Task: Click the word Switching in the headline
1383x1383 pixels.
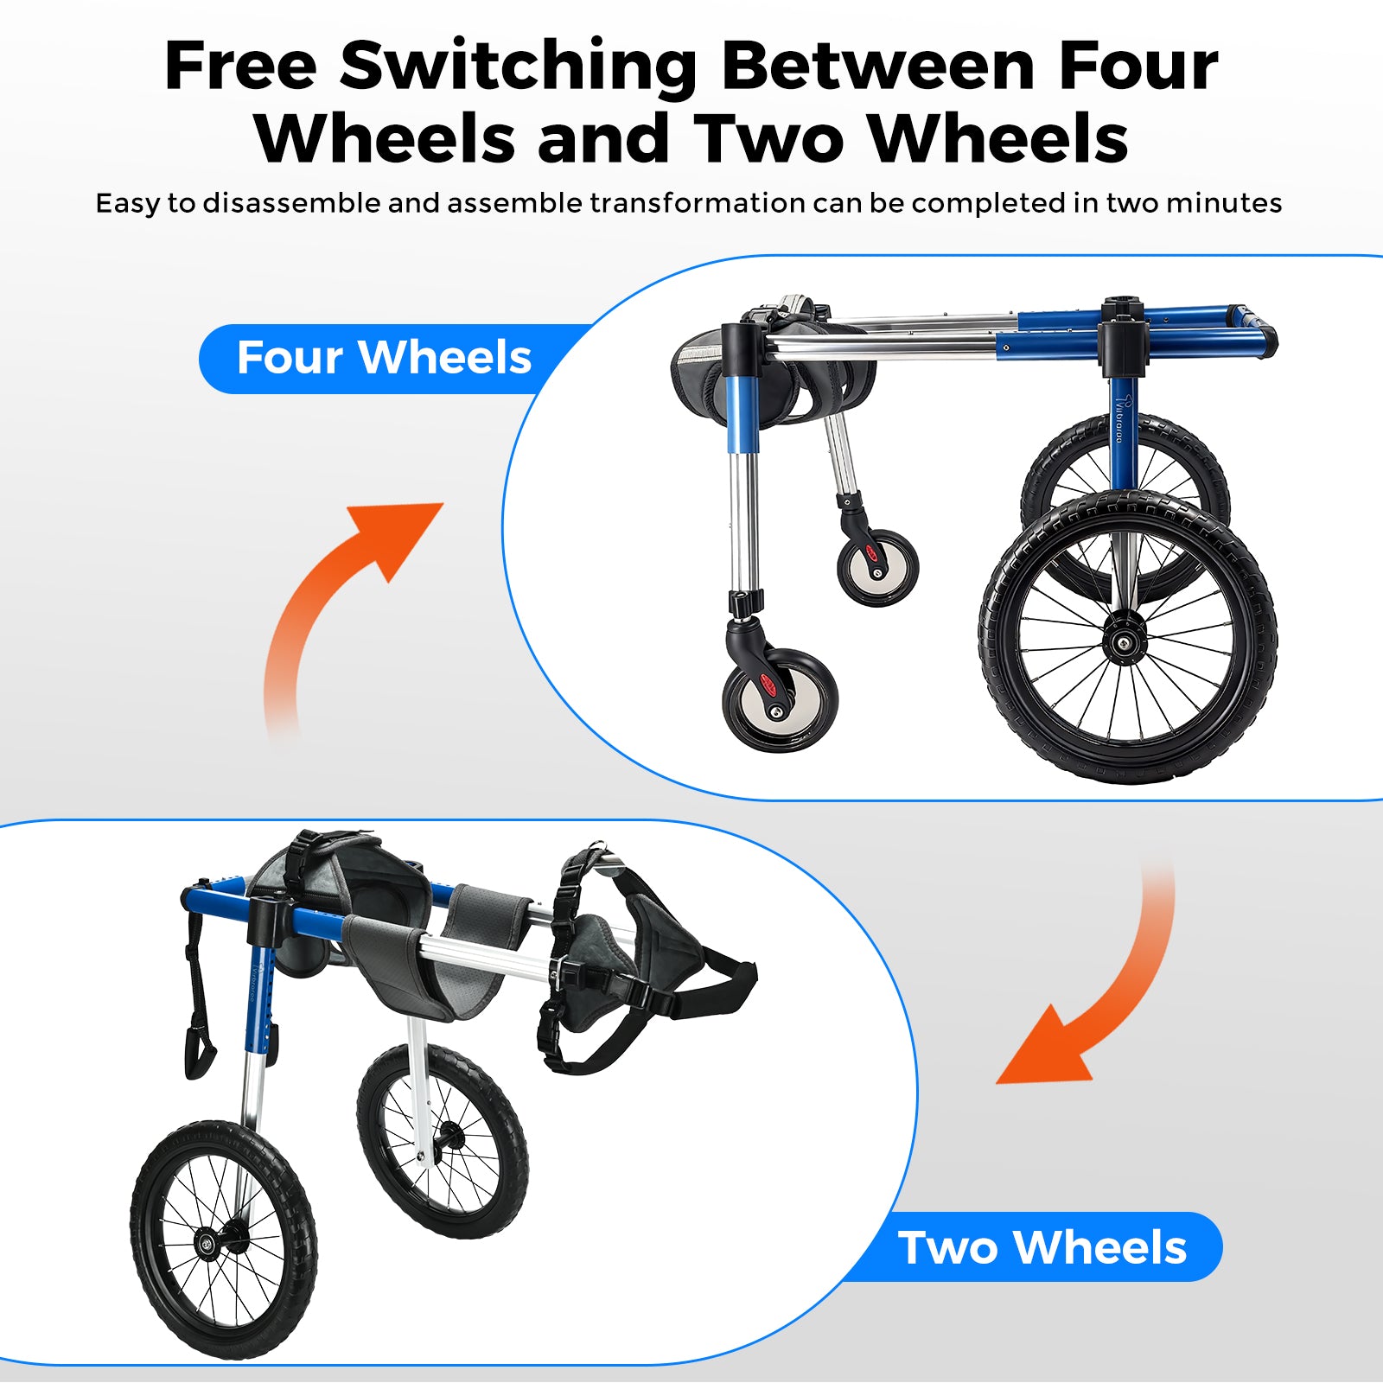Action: (x=519, y=67)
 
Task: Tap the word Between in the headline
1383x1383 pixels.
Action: (x=878, y=66)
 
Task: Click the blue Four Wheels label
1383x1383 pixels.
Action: (x=384, y=358)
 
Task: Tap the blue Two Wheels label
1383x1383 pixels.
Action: (x=1042, y=1247)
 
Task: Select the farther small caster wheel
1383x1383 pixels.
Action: (x=877, y=567)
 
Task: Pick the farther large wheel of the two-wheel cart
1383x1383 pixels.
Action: (x=443, y=1140)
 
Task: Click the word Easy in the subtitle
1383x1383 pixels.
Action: (x=128, y=203)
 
